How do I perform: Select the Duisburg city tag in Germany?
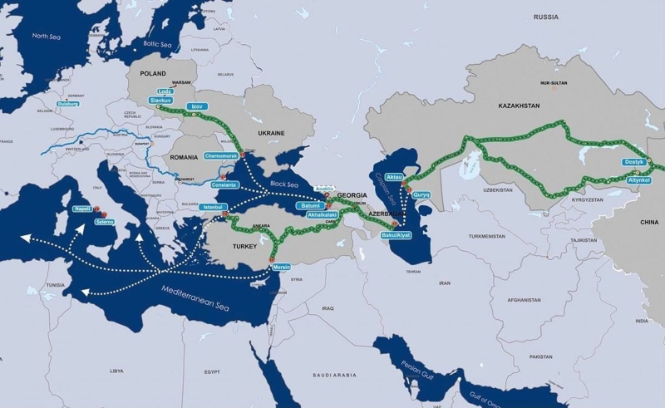69,104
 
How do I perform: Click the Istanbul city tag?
212,206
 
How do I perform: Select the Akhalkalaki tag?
323,214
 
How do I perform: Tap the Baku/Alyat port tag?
397,235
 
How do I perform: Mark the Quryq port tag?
422,195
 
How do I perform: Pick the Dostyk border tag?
633,163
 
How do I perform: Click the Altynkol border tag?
638,179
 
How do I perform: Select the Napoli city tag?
82,209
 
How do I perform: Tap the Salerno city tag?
105,223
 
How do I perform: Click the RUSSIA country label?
546,17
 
